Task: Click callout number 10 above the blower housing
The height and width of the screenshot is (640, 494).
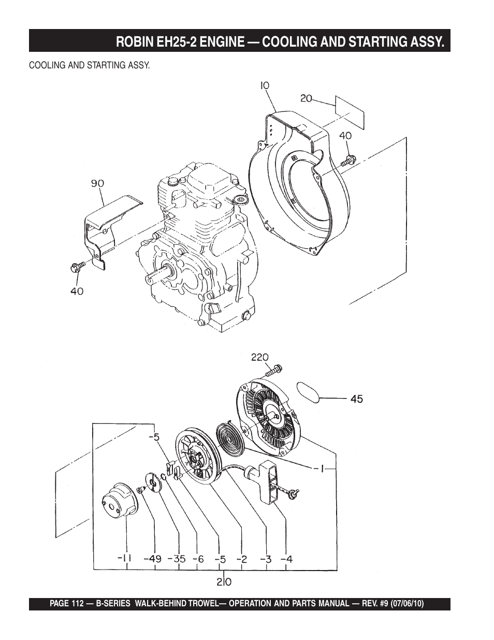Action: coord(265,86)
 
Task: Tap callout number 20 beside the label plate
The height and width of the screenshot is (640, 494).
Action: coord(306,98)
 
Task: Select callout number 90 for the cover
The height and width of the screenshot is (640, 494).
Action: coord(97,184)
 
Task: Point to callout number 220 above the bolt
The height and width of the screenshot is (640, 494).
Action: coord(260,357)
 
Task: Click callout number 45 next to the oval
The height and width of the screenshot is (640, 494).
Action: coord(357,399)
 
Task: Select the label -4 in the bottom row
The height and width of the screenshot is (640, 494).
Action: coord(287,559)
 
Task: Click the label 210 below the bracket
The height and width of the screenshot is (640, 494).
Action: coord(224,581)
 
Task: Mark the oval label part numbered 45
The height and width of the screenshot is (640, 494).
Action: coord(308,393)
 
